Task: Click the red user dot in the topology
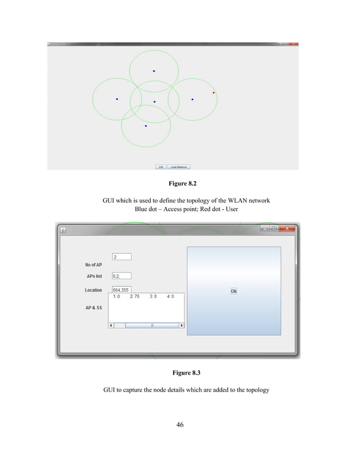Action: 213,93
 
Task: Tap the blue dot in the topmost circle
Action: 153,71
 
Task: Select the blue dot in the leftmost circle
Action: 117,99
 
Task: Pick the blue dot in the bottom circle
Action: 146,126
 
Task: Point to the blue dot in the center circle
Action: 154,102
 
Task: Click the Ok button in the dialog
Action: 234,291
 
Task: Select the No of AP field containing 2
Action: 122,257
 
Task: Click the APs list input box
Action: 122,276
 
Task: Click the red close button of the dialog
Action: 287,228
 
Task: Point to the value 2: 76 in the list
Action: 134,296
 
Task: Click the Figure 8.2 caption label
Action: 180,183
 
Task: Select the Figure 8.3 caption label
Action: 180,373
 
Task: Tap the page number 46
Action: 180,425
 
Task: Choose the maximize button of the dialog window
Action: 274,228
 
